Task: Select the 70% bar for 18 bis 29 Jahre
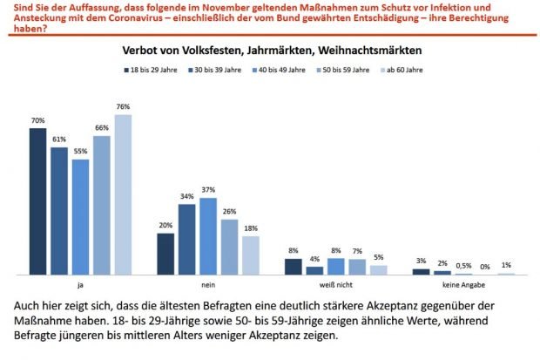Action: coord(37,201)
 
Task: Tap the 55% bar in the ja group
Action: coord(80,217)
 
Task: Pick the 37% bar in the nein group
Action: coord(208,236)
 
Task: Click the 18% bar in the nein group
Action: coord(251,255)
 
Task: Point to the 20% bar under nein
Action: coord(165,254)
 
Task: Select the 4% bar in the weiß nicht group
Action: coord(314,270)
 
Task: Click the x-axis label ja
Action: coord(80,285)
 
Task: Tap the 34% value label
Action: coord(186,196)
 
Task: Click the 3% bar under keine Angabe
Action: coord(421,272)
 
